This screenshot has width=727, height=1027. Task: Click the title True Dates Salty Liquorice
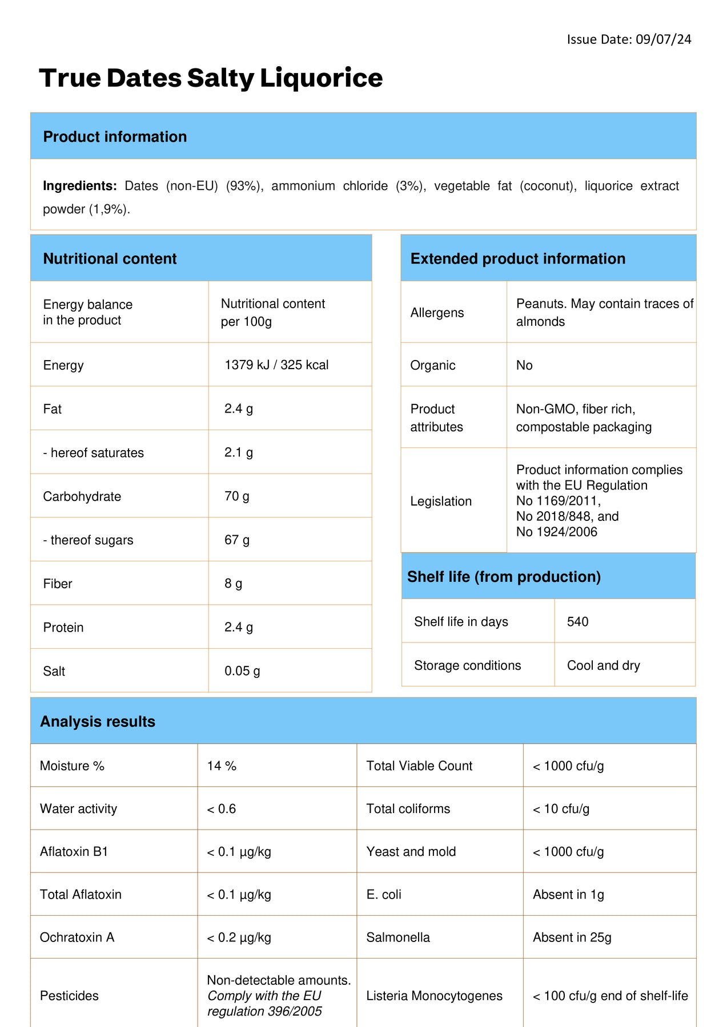click(x=211, y=78)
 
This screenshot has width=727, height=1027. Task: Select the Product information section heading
click(x=115, y=137)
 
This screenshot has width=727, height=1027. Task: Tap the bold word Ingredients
click(x=79, y=186)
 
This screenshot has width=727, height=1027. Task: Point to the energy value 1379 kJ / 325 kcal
click(x=276, y=365)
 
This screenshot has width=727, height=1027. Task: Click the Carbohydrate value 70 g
click(x=236, y=496)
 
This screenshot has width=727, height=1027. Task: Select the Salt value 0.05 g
click(x=242, y=671)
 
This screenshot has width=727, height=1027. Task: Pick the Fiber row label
click(x=58, y=584)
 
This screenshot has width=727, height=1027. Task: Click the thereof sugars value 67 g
click(x=236, y=540)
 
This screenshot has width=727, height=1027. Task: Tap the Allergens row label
click(x=437, y=313)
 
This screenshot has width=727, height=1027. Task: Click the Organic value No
click(x=524, y=365)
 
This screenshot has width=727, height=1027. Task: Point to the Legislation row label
click(x=441, y=502)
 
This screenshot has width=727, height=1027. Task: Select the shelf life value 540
click(x=577, y=622)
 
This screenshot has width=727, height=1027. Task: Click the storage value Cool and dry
click(x=603, y=665)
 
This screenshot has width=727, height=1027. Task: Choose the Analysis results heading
click(x=98, y=722)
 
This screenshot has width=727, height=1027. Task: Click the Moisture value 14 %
click(x=222, y=766)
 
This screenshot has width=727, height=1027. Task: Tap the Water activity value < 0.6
click(x=222, y=809)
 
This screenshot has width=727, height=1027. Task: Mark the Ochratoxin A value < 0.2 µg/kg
click(x=239, y=937)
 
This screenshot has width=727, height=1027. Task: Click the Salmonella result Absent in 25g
click(x=572, y=937)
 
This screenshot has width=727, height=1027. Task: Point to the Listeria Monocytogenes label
click(x=434, y=996)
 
